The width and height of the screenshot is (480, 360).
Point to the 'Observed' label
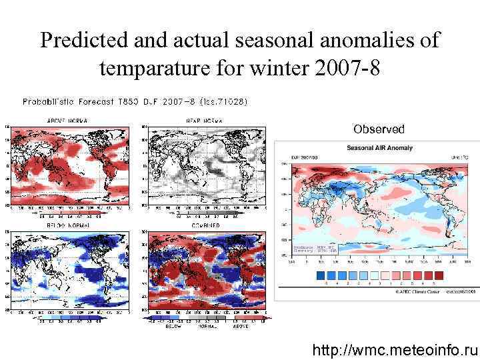click(379, 129)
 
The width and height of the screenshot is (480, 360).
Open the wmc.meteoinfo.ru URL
click(396, 349)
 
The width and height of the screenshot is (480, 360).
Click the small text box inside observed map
click(315, 249)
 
